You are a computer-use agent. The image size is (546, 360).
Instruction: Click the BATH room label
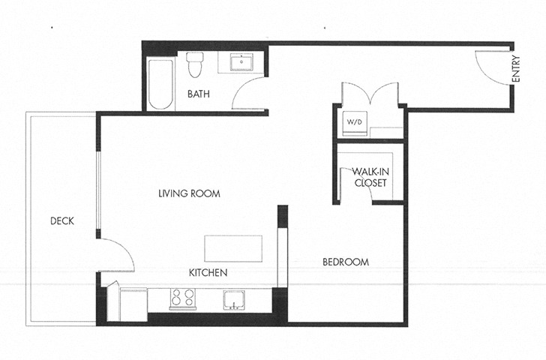pos(199,94)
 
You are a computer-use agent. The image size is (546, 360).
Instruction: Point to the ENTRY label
pos(516,70)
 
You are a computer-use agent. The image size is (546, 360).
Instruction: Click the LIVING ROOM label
pos(189,193)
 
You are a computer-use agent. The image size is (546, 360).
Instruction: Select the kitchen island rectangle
pos(233,247)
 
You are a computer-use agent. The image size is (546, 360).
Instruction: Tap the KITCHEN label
pos(208,273)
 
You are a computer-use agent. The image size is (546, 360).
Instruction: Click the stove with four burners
pos(181,298)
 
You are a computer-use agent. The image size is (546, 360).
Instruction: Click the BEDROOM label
pos(346,262)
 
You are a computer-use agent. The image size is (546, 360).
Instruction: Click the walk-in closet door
pos(346,184)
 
